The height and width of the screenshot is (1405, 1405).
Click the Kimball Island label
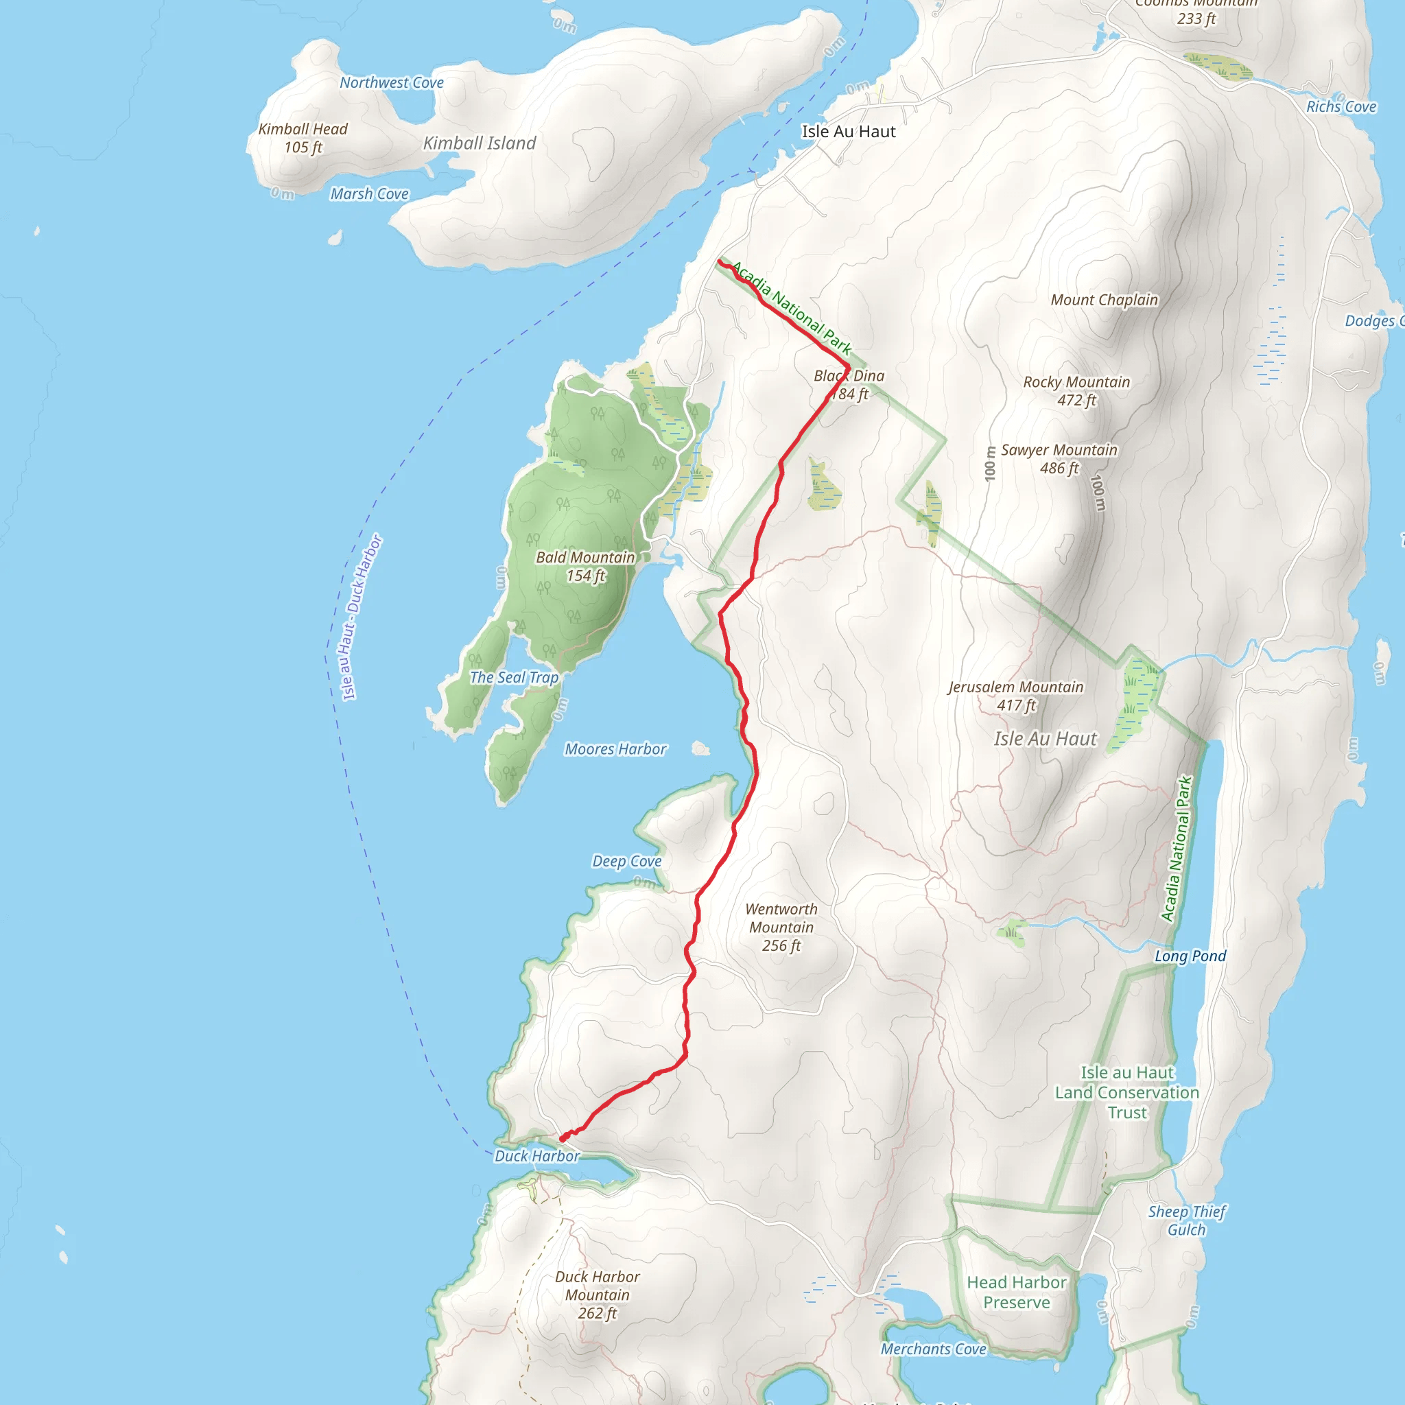point(480,143)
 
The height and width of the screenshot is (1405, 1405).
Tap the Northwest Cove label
point(391,83)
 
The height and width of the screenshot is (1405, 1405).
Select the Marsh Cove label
point(370,194)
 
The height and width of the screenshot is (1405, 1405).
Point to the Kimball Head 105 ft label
point(303,138)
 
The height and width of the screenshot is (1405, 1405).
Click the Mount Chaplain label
point(1104,300)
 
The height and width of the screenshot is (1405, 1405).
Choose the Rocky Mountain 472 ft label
point(1076,391)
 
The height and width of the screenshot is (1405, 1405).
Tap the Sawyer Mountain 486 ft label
point(1059,459)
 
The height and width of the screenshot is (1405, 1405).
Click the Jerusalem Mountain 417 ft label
point(1015,696)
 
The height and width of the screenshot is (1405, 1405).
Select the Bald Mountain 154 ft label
point(585,567)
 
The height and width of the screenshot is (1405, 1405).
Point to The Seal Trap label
point(514,678)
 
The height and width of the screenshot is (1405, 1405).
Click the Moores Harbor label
point(615,749)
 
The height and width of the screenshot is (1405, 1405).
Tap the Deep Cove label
point(626,861)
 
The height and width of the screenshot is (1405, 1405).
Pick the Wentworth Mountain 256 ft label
point(781,928)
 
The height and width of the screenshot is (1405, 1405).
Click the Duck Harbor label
point(536,1156)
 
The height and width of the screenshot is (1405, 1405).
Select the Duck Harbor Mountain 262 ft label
point(597,1295)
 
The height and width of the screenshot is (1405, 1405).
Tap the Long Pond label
point(1190,956)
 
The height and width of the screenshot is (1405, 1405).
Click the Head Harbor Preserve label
point(1016,1292)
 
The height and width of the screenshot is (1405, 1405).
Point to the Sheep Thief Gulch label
point(1186,1220)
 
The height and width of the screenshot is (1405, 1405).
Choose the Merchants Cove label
point(933,1349)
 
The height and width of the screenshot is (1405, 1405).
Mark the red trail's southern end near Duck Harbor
point(562,1139)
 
